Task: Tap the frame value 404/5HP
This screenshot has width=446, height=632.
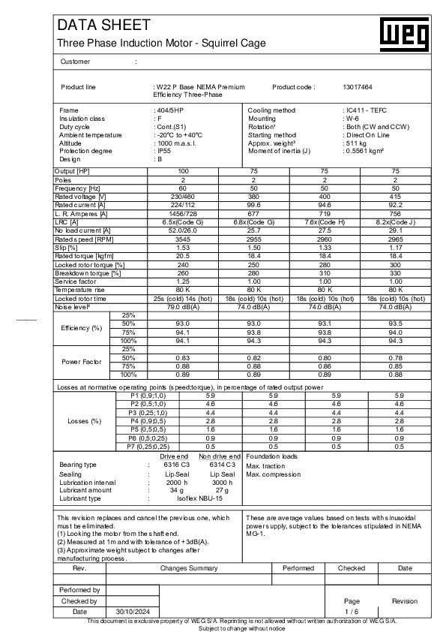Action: pyautogui.click(x=169, y=110)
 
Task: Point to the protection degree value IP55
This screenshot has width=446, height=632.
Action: pyautogui.click(x=161, y=151)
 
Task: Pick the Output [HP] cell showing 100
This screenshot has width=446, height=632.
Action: pyautogui.click(x=183, y=172)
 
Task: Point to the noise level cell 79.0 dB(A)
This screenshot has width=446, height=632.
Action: pyautogui.click(x=183, y=307)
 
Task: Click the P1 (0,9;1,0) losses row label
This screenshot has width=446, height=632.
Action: pyautogui.click(x=148, y=395)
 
